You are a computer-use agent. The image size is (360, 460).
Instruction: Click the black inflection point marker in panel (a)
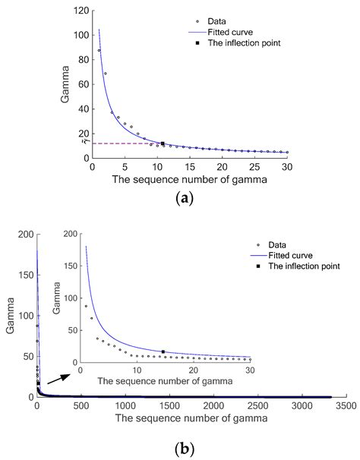163,143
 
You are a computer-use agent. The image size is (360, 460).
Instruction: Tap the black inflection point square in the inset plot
163,351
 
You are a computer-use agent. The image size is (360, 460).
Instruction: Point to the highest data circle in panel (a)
99,50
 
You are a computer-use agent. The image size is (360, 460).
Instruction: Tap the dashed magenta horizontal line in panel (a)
122,143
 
